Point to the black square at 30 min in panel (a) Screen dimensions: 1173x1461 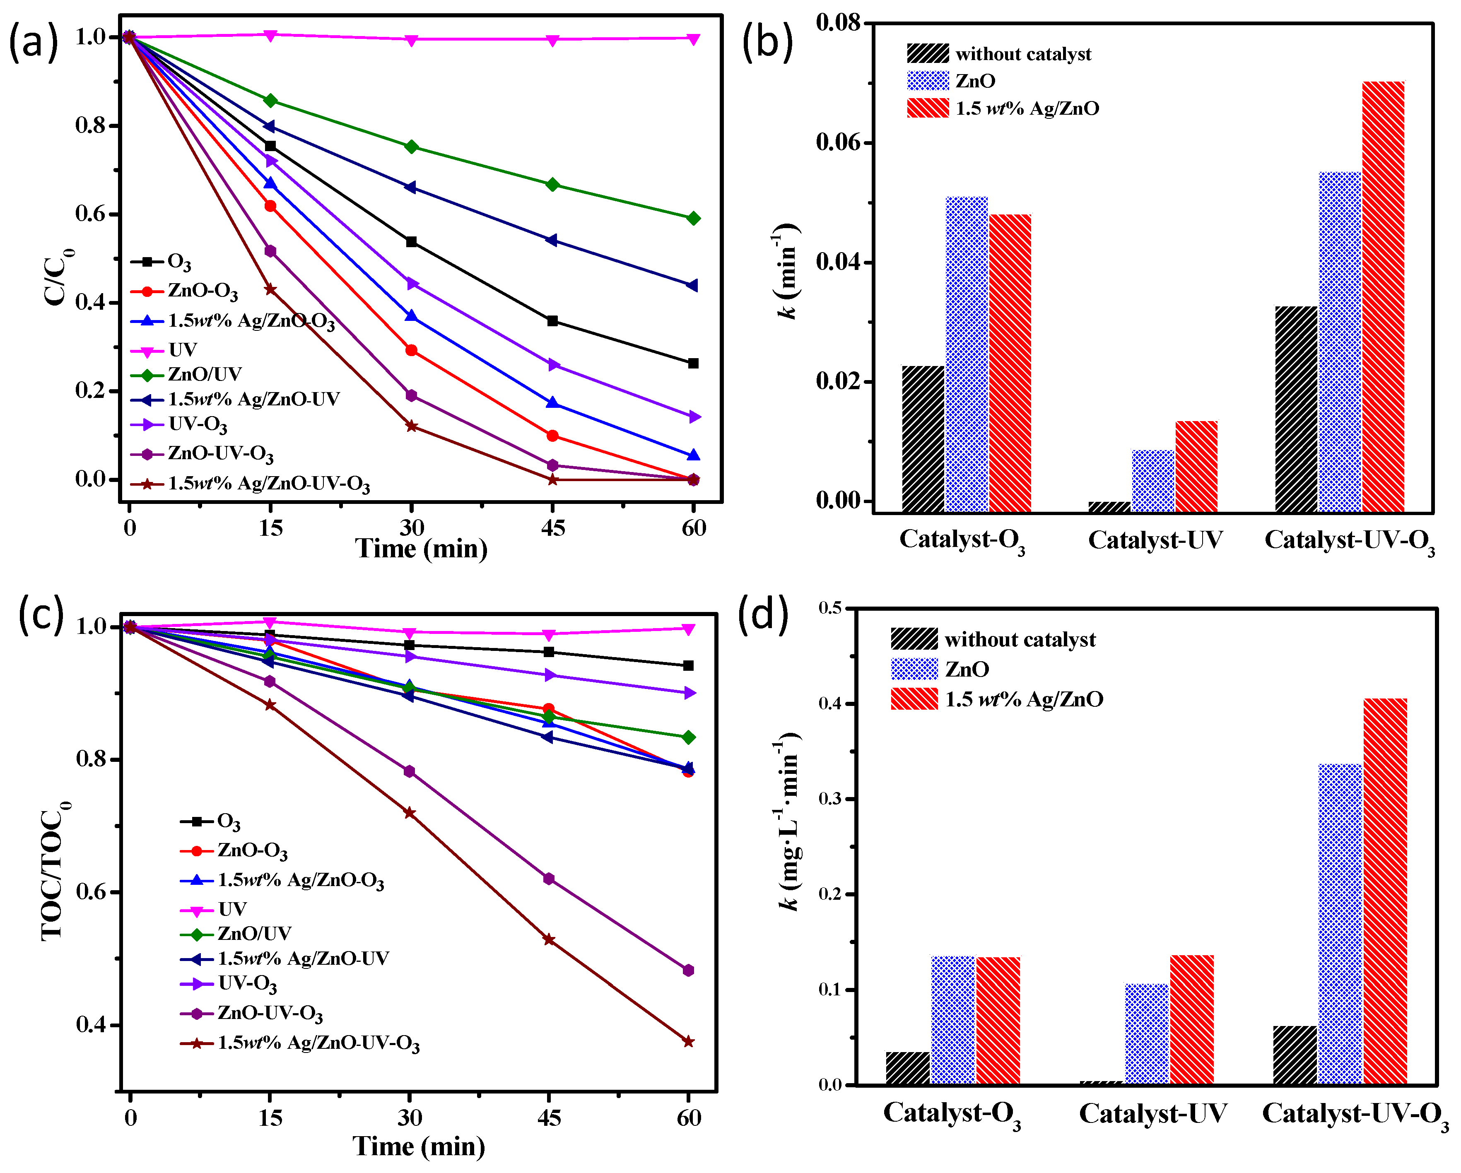(x=411, y=242)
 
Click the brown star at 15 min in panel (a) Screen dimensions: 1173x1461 (x=270, y=289)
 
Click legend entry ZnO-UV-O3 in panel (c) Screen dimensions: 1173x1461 (x=269, y=1013)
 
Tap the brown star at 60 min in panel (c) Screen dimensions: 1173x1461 (x=688, y=1041)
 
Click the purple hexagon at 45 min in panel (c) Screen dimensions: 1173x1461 (x=548, y=879)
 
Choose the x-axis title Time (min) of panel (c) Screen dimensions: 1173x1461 (x=419, y=1146)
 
